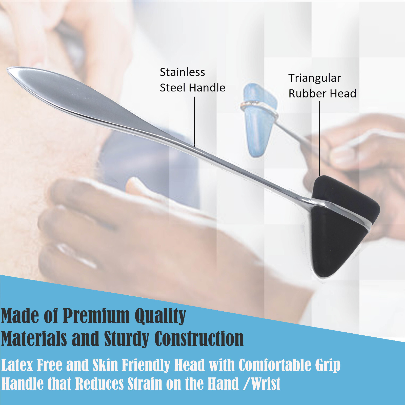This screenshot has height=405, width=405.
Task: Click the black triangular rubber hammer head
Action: click(342, 228)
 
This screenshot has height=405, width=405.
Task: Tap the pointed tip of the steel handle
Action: click(8, 69)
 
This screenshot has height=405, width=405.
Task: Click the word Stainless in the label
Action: click(182, 72)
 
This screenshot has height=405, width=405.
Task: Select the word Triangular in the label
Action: click(315, 78)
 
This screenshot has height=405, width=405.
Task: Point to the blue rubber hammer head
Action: click(258, 119)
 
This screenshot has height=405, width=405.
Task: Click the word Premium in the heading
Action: click(96, 316)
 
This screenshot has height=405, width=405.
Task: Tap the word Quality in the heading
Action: click(160, 316)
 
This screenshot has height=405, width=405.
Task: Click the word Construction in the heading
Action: click(199, 338)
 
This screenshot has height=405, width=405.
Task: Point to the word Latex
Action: click(17, 365)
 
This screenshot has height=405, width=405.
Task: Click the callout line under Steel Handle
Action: click(194, 121)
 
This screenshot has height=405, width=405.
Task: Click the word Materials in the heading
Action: click(34, 338)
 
